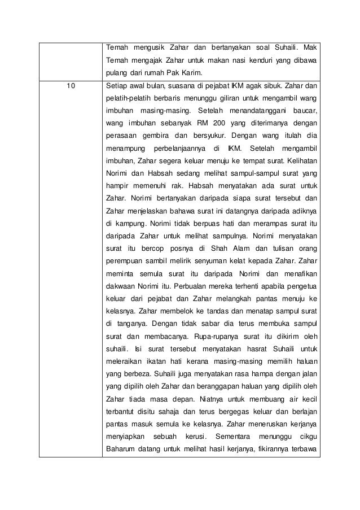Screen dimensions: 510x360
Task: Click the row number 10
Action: tap(69, 86)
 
